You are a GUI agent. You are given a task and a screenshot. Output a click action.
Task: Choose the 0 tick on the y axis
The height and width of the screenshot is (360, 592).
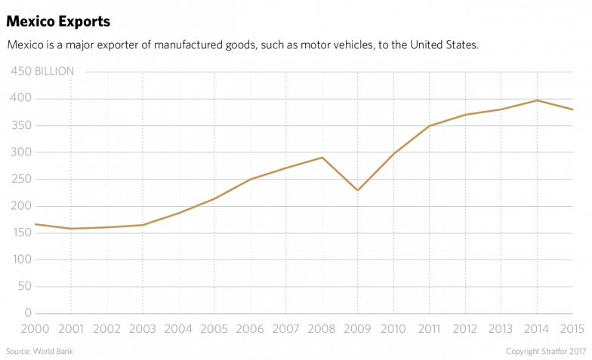(x=28, y=313)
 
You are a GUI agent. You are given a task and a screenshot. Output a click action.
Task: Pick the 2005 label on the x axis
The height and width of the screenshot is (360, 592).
(x=214, y=330)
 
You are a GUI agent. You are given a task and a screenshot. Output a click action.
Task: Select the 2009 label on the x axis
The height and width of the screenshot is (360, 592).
(x=357, y=330)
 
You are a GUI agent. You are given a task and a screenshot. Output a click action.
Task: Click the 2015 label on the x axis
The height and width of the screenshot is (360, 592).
(x=575, y=330)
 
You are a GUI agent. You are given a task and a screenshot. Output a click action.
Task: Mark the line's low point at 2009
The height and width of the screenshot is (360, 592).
(x=356, y=190)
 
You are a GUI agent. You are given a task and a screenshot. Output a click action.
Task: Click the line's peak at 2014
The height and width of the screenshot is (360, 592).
(x=537, y=100)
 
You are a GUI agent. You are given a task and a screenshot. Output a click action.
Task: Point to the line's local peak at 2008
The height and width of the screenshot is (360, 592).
(x=321, y=157)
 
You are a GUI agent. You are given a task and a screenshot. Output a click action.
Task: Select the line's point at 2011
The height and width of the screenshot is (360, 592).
(x=430, y=125)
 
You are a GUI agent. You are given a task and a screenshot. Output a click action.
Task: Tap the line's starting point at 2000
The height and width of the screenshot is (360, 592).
(x=35, y=223)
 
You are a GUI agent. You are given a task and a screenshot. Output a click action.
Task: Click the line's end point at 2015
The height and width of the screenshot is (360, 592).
(x=574, y=109)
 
